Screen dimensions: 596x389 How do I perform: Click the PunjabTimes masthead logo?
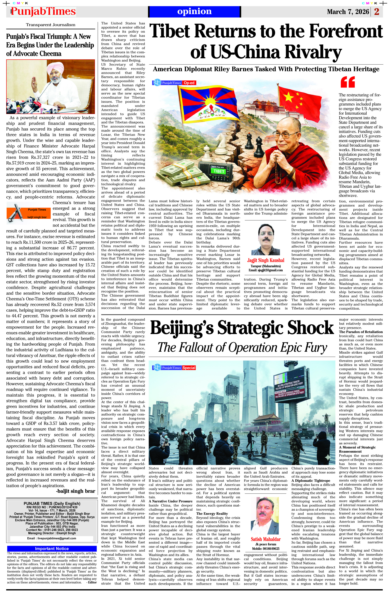pyautogui.click(x=43, y=11)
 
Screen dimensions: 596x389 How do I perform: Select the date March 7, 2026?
pyautogui.click(x=348, y=12)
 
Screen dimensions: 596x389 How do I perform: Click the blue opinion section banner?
pyautogui.click(x=194, y=11)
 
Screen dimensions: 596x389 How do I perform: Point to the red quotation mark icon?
pyautogui.click(x=348, y=82)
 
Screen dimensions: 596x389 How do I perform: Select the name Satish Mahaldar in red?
pyautogui.click(x=265, y=539)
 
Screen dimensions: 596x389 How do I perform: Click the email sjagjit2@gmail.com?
pyautogui.click(x=265, y=270)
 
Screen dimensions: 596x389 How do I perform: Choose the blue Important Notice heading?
pyautogui.click(x=52, y=548)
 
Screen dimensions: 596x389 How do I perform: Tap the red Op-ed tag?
pyautogui.click(x=189, y=83)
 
